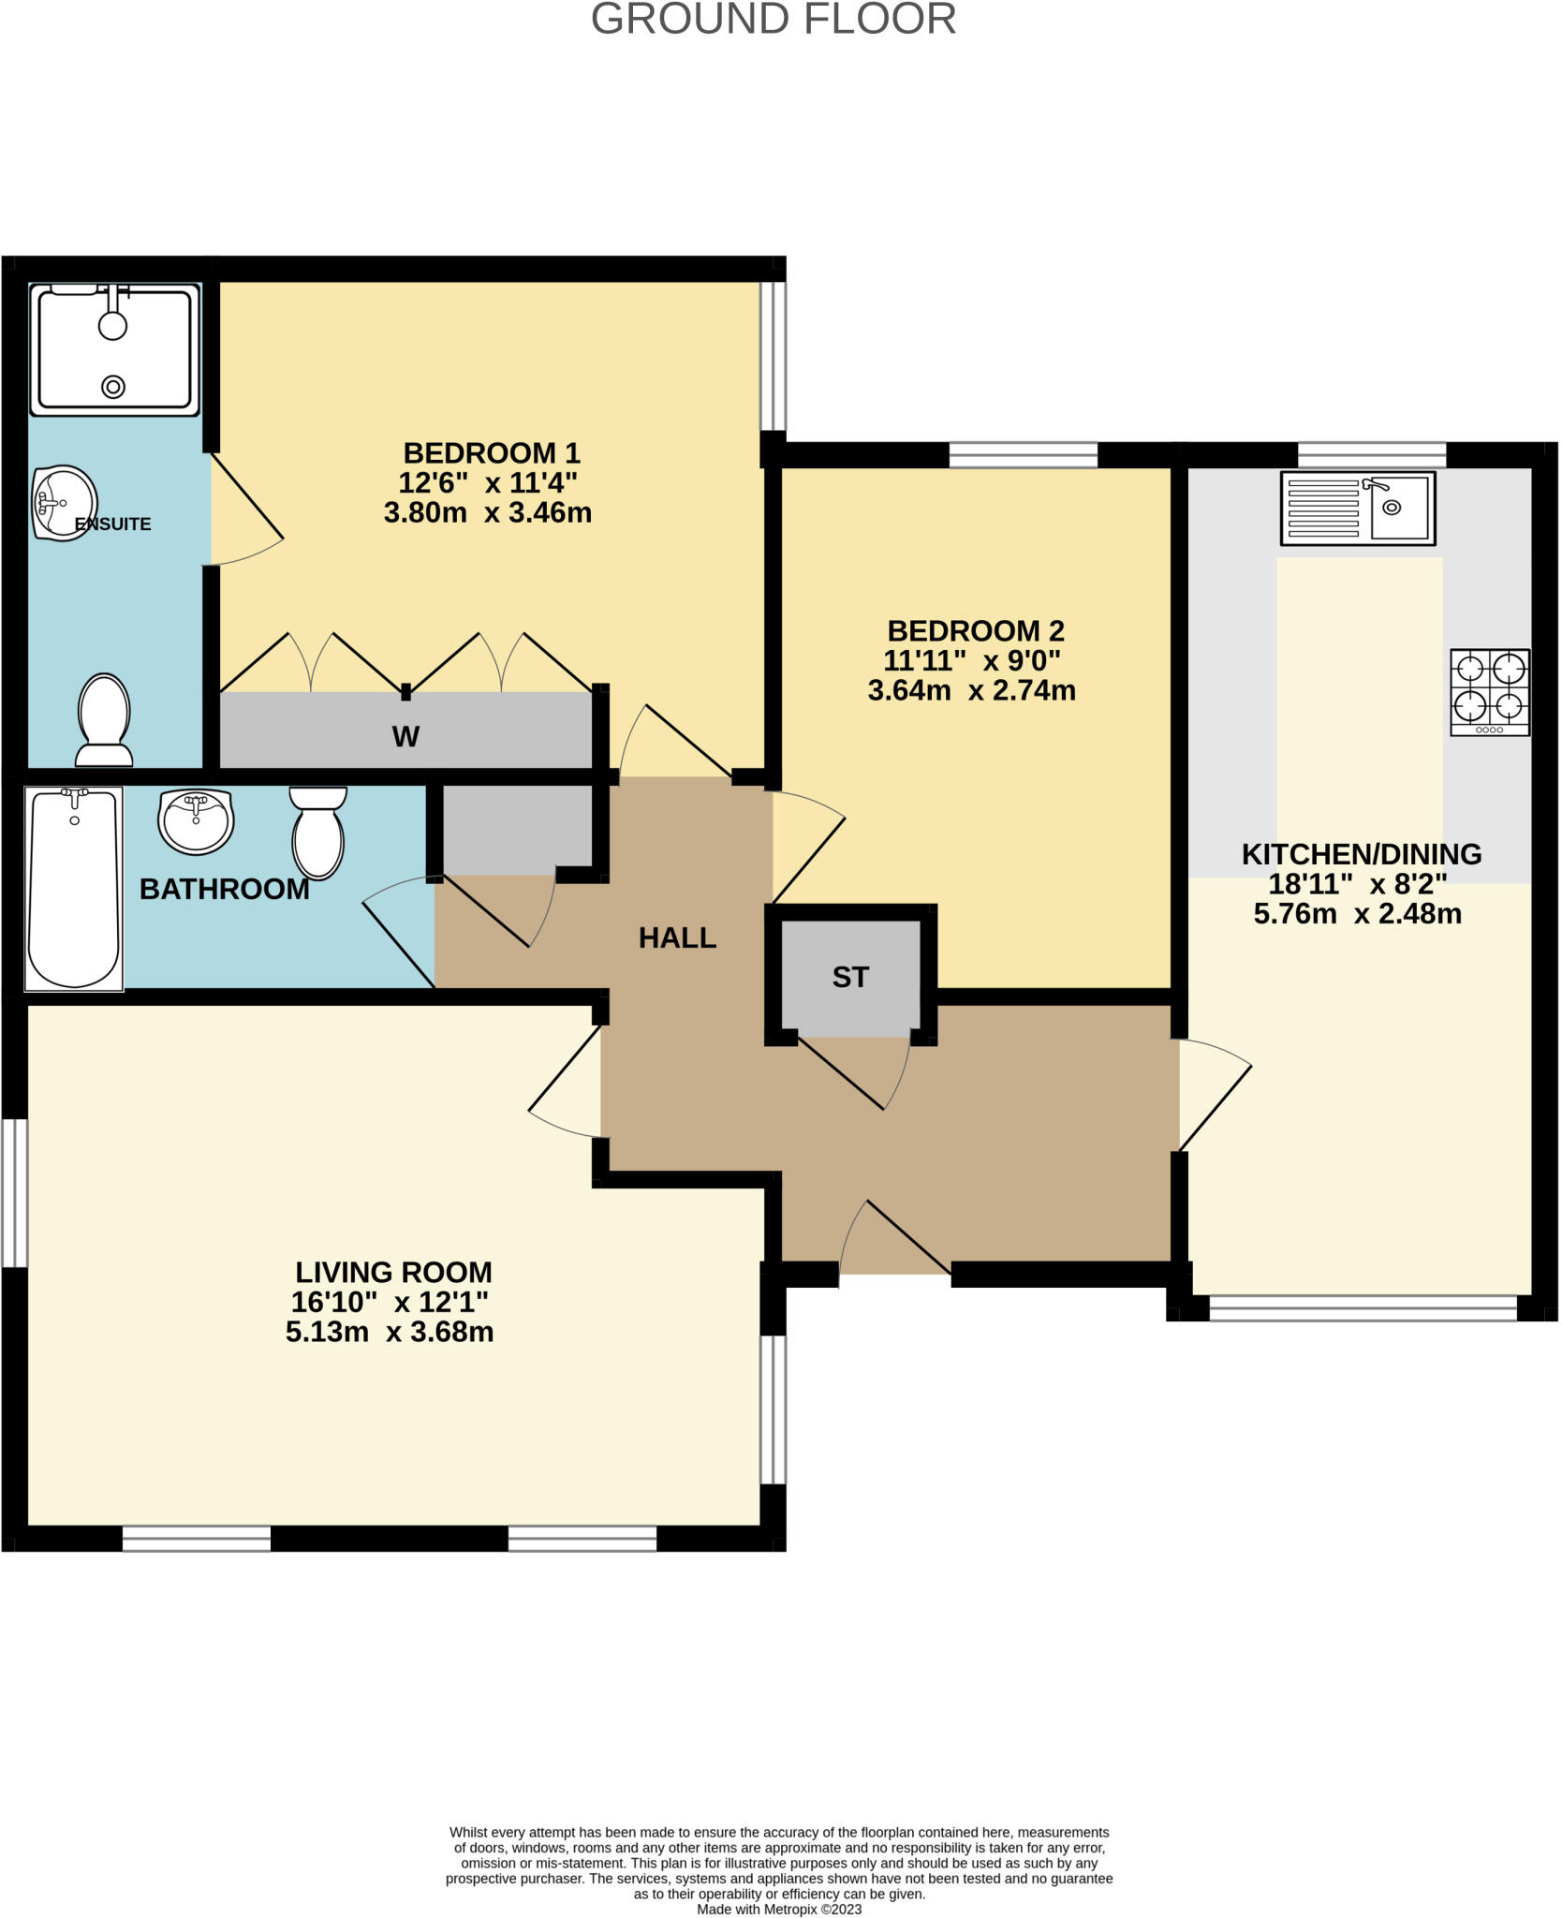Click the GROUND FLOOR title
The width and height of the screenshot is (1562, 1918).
(773, 20)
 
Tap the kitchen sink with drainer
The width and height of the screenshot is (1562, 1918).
(1357, 509)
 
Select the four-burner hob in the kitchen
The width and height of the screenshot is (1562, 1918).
(1489, 692)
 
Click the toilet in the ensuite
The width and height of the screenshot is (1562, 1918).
(104, 720)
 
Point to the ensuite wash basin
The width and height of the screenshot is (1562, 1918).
(64, 503)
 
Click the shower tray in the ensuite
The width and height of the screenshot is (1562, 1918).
(114, 349)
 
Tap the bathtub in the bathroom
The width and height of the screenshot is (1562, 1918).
(74, 888)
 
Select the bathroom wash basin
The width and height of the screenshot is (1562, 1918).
(196, 821)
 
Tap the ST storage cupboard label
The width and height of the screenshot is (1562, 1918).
(850, 978)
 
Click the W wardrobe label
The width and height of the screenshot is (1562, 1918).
(405, 737)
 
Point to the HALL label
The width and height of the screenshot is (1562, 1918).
(677, 937)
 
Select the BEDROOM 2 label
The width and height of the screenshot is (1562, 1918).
(976, 630)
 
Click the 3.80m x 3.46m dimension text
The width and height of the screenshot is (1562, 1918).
(488, 513)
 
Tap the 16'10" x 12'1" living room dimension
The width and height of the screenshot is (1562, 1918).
(390, 1302)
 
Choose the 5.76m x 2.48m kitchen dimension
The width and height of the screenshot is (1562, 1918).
(1357, 914)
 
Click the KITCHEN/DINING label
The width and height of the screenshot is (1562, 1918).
(1361, 854)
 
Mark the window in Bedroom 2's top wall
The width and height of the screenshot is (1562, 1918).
(1023, 455)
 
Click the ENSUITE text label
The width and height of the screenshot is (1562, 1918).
(113, 524)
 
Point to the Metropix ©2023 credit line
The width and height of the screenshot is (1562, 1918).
(779, 1909)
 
